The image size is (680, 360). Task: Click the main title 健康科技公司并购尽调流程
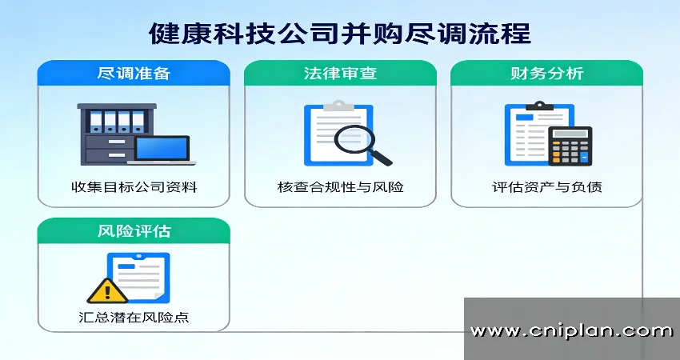[x=339, y=34]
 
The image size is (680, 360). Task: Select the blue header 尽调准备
[x=134, y=74]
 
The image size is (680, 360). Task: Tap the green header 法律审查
[x=340, y=74]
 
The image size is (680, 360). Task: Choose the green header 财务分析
[x=546, y=74]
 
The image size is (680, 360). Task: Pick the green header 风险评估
[x=134, y=232]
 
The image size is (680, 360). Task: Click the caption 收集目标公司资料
[x=134, y=188]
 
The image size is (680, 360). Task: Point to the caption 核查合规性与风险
[x=340, y=188]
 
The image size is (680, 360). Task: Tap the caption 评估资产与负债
[x=546, y=188]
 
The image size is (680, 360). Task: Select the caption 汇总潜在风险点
[x=134, y=318]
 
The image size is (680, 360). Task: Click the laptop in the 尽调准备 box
[x=163, y=150]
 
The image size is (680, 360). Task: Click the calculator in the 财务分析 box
[x=570, y=146]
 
